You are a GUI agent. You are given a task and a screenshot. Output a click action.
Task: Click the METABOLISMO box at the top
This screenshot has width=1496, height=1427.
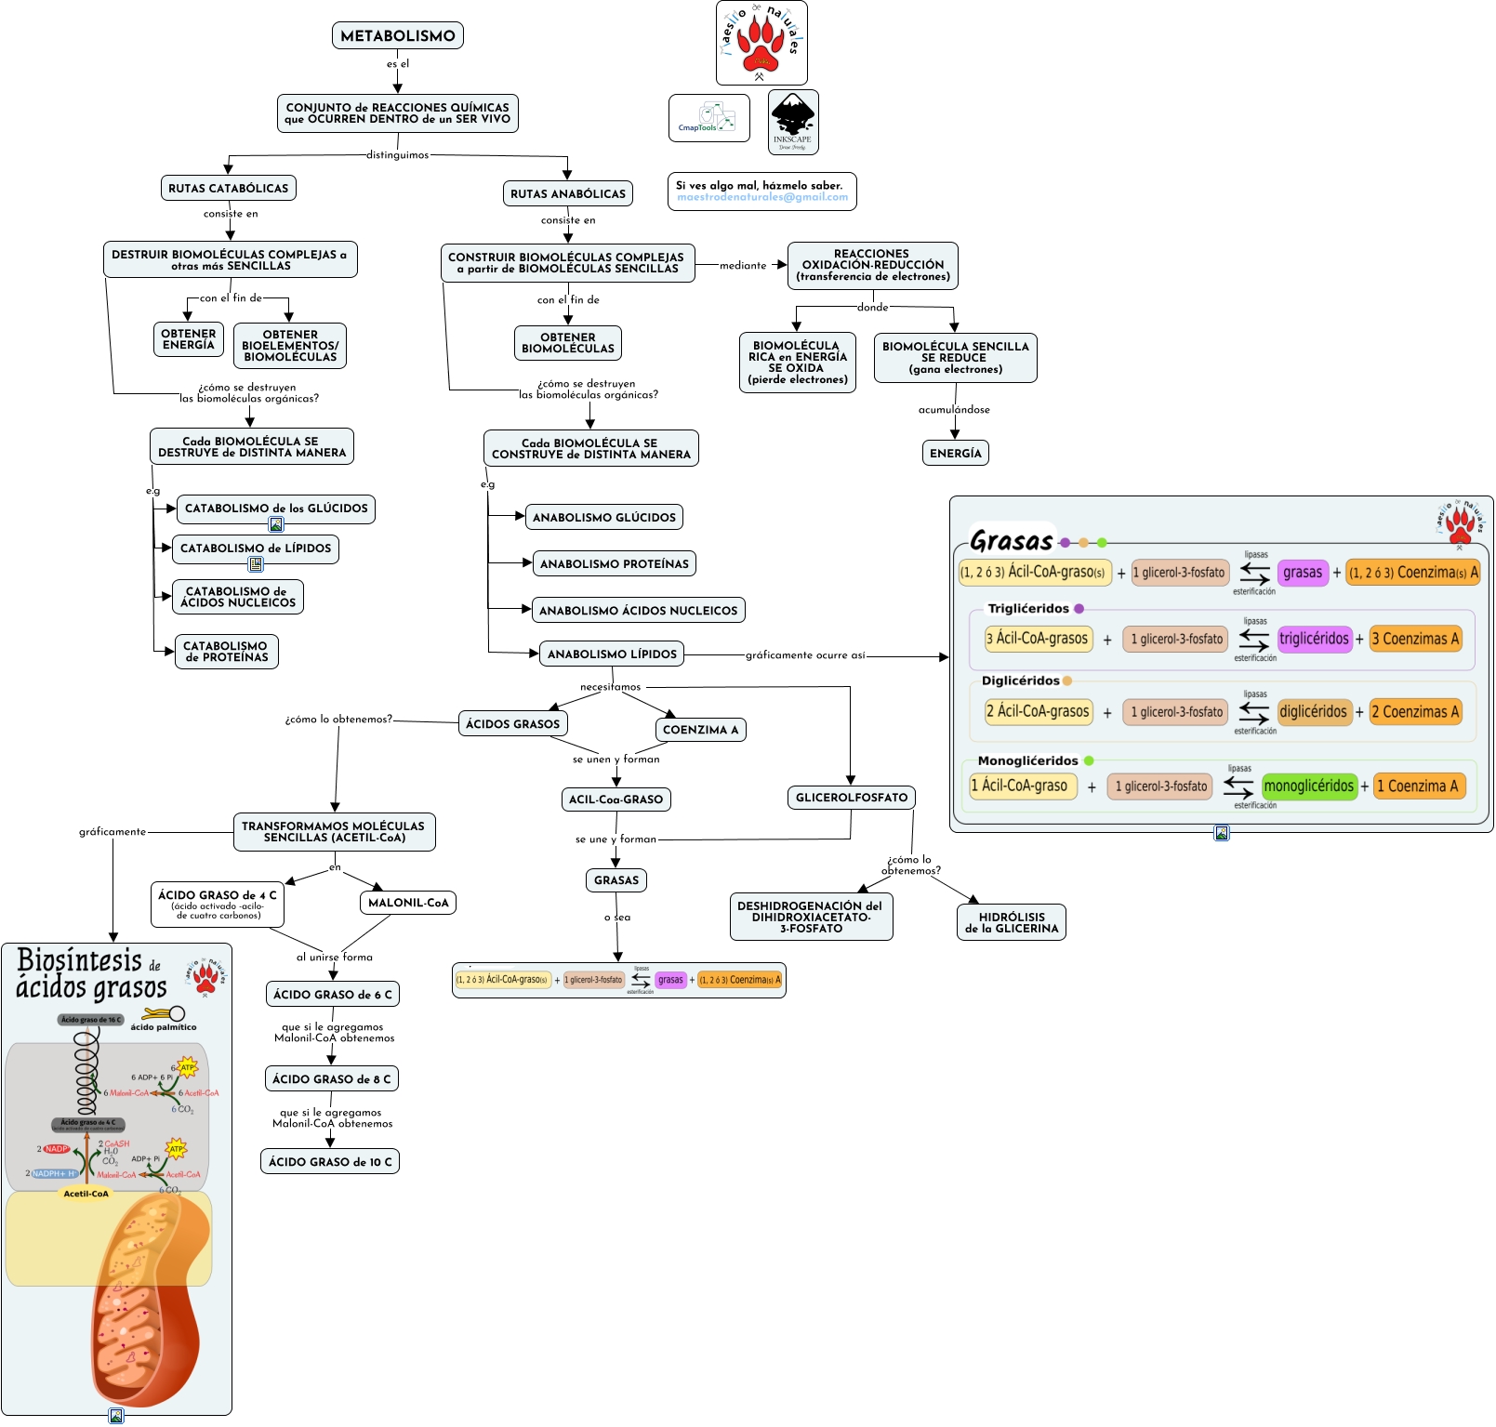398,36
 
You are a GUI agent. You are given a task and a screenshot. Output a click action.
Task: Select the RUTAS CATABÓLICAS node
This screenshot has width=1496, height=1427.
229,188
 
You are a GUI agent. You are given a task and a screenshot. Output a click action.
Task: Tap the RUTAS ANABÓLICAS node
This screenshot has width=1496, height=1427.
568,193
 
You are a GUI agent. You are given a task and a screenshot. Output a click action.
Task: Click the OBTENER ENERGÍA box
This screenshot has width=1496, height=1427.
189,339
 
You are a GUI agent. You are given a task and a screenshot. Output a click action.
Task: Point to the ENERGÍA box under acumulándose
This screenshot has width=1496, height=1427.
956,454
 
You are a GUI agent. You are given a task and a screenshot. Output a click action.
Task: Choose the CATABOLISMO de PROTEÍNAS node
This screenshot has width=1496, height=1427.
227,652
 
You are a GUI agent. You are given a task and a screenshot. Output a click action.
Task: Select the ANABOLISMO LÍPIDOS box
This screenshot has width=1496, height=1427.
612,654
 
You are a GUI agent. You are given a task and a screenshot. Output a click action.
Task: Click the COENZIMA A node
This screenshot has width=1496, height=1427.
700,730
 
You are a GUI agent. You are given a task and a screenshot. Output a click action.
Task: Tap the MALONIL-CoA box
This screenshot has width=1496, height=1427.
408,903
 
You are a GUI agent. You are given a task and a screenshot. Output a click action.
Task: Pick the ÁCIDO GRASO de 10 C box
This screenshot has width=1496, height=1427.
330,1162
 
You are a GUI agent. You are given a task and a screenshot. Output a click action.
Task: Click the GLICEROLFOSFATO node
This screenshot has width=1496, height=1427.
852,798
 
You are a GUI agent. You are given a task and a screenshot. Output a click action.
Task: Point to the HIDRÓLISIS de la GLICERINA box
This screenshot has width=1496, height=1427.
1012,922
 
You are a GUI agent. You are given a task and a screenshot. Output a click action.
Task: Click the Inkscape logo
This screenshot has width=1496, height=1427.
793,122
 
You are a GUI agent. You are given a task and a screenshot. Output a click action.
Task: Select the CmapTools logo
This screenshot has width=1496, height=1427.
708,118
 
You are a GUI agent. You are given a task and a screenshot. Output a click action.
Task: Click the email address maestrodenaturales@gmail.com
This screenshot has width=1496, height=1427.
762,197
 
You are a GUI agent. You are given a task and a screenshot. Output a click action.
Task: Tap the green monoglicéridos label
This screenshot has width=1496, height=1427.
1309,786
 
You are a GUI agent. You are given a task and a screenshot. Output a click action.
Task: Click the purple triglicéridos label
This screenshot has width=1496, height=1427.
1314,639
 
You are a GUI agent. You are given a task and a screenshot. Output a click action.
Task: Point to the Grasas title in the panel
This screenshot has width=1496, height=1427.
1012,541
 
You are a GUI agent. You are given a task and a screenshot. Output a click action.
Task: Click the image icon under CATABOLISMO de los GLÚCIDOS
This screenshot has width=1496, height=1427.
276,525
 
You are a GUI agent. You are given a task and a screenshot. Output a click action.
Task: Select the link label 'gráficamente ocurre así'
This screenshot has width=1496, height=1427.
805,655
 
